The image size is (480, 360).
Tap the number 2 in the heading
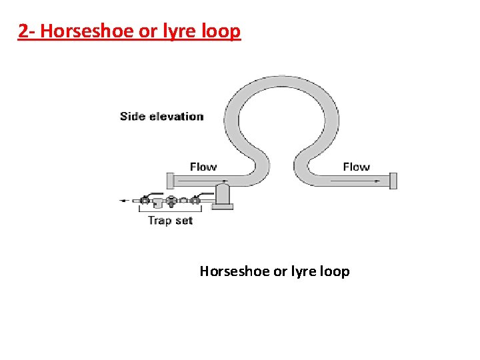(x=23, y=31)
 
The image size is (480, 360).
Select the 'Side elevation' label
(x=161, y=117)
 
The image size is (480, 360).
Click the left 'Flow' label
(x=203, y=167)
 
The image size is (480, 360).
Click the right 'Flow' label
(x=356, y=167)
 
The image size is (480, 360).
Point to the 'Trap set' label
(x=170, y=221)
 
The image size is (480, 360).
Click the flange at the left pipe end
(x=170, y=180)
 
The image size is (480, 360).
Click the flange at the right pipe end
(x=393, y=180)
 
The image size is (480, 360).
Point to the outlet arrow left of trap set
(x=125, y=200)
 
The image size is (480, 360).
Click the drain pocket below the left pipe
(x=223, y=195)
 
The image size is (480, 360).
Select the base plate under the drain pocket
(x=223, y=207)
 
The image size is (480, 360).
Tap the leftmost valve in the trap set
(x=145, y=199)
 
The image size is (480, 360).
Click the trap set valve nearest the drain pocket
(x=195, y=199)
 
